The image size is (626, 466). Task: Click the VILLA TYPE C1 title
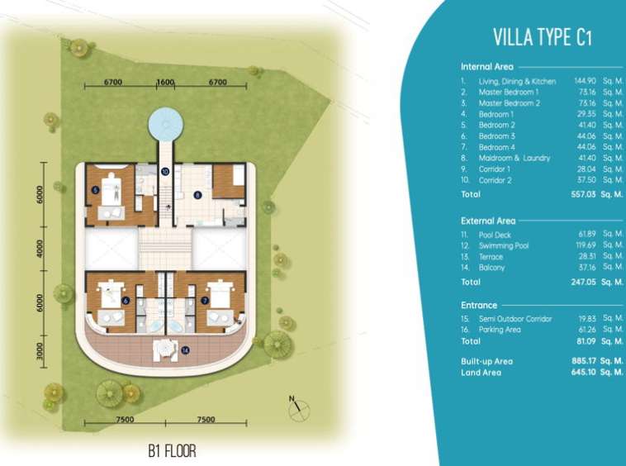pos(542,37)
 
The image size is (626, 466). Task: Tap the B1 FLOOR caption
pos(172,451)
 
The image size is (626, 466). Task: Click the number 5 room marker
pos(95,190)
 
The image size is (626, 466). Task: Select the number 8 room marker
pos(197,195)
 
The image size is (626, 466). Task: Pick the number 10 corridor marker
pos(165,172)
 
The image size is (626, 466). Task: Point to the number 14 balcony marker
pos(185,350)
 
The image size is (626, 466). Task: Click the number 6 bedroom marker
pos(126,301)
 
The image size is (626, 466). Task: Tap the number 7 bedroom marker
pos(205,301)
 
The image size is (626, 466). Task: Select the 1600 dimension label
pos(165,82)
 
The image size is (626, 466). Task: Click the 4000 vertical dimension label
pos(40,249)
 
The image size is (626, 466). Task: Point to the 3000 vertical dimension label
pos(40,351)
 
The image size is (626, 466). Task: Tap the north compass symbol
pos(298,409)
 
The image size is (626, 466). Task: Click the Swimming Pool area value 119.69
pos(586,245)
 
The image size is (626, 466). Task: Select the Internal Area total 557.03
pos(583,194)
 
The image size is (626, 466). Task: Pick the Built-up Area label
pos(486,361)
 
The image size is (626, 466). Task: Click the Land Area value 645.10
pos(583,372)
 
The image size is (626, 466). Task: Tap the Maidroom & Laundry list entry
pos(515,158)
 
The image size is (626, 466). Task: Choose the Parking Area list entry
pos(500,330)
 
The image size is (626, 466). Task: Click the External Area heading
pos(488,221)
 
